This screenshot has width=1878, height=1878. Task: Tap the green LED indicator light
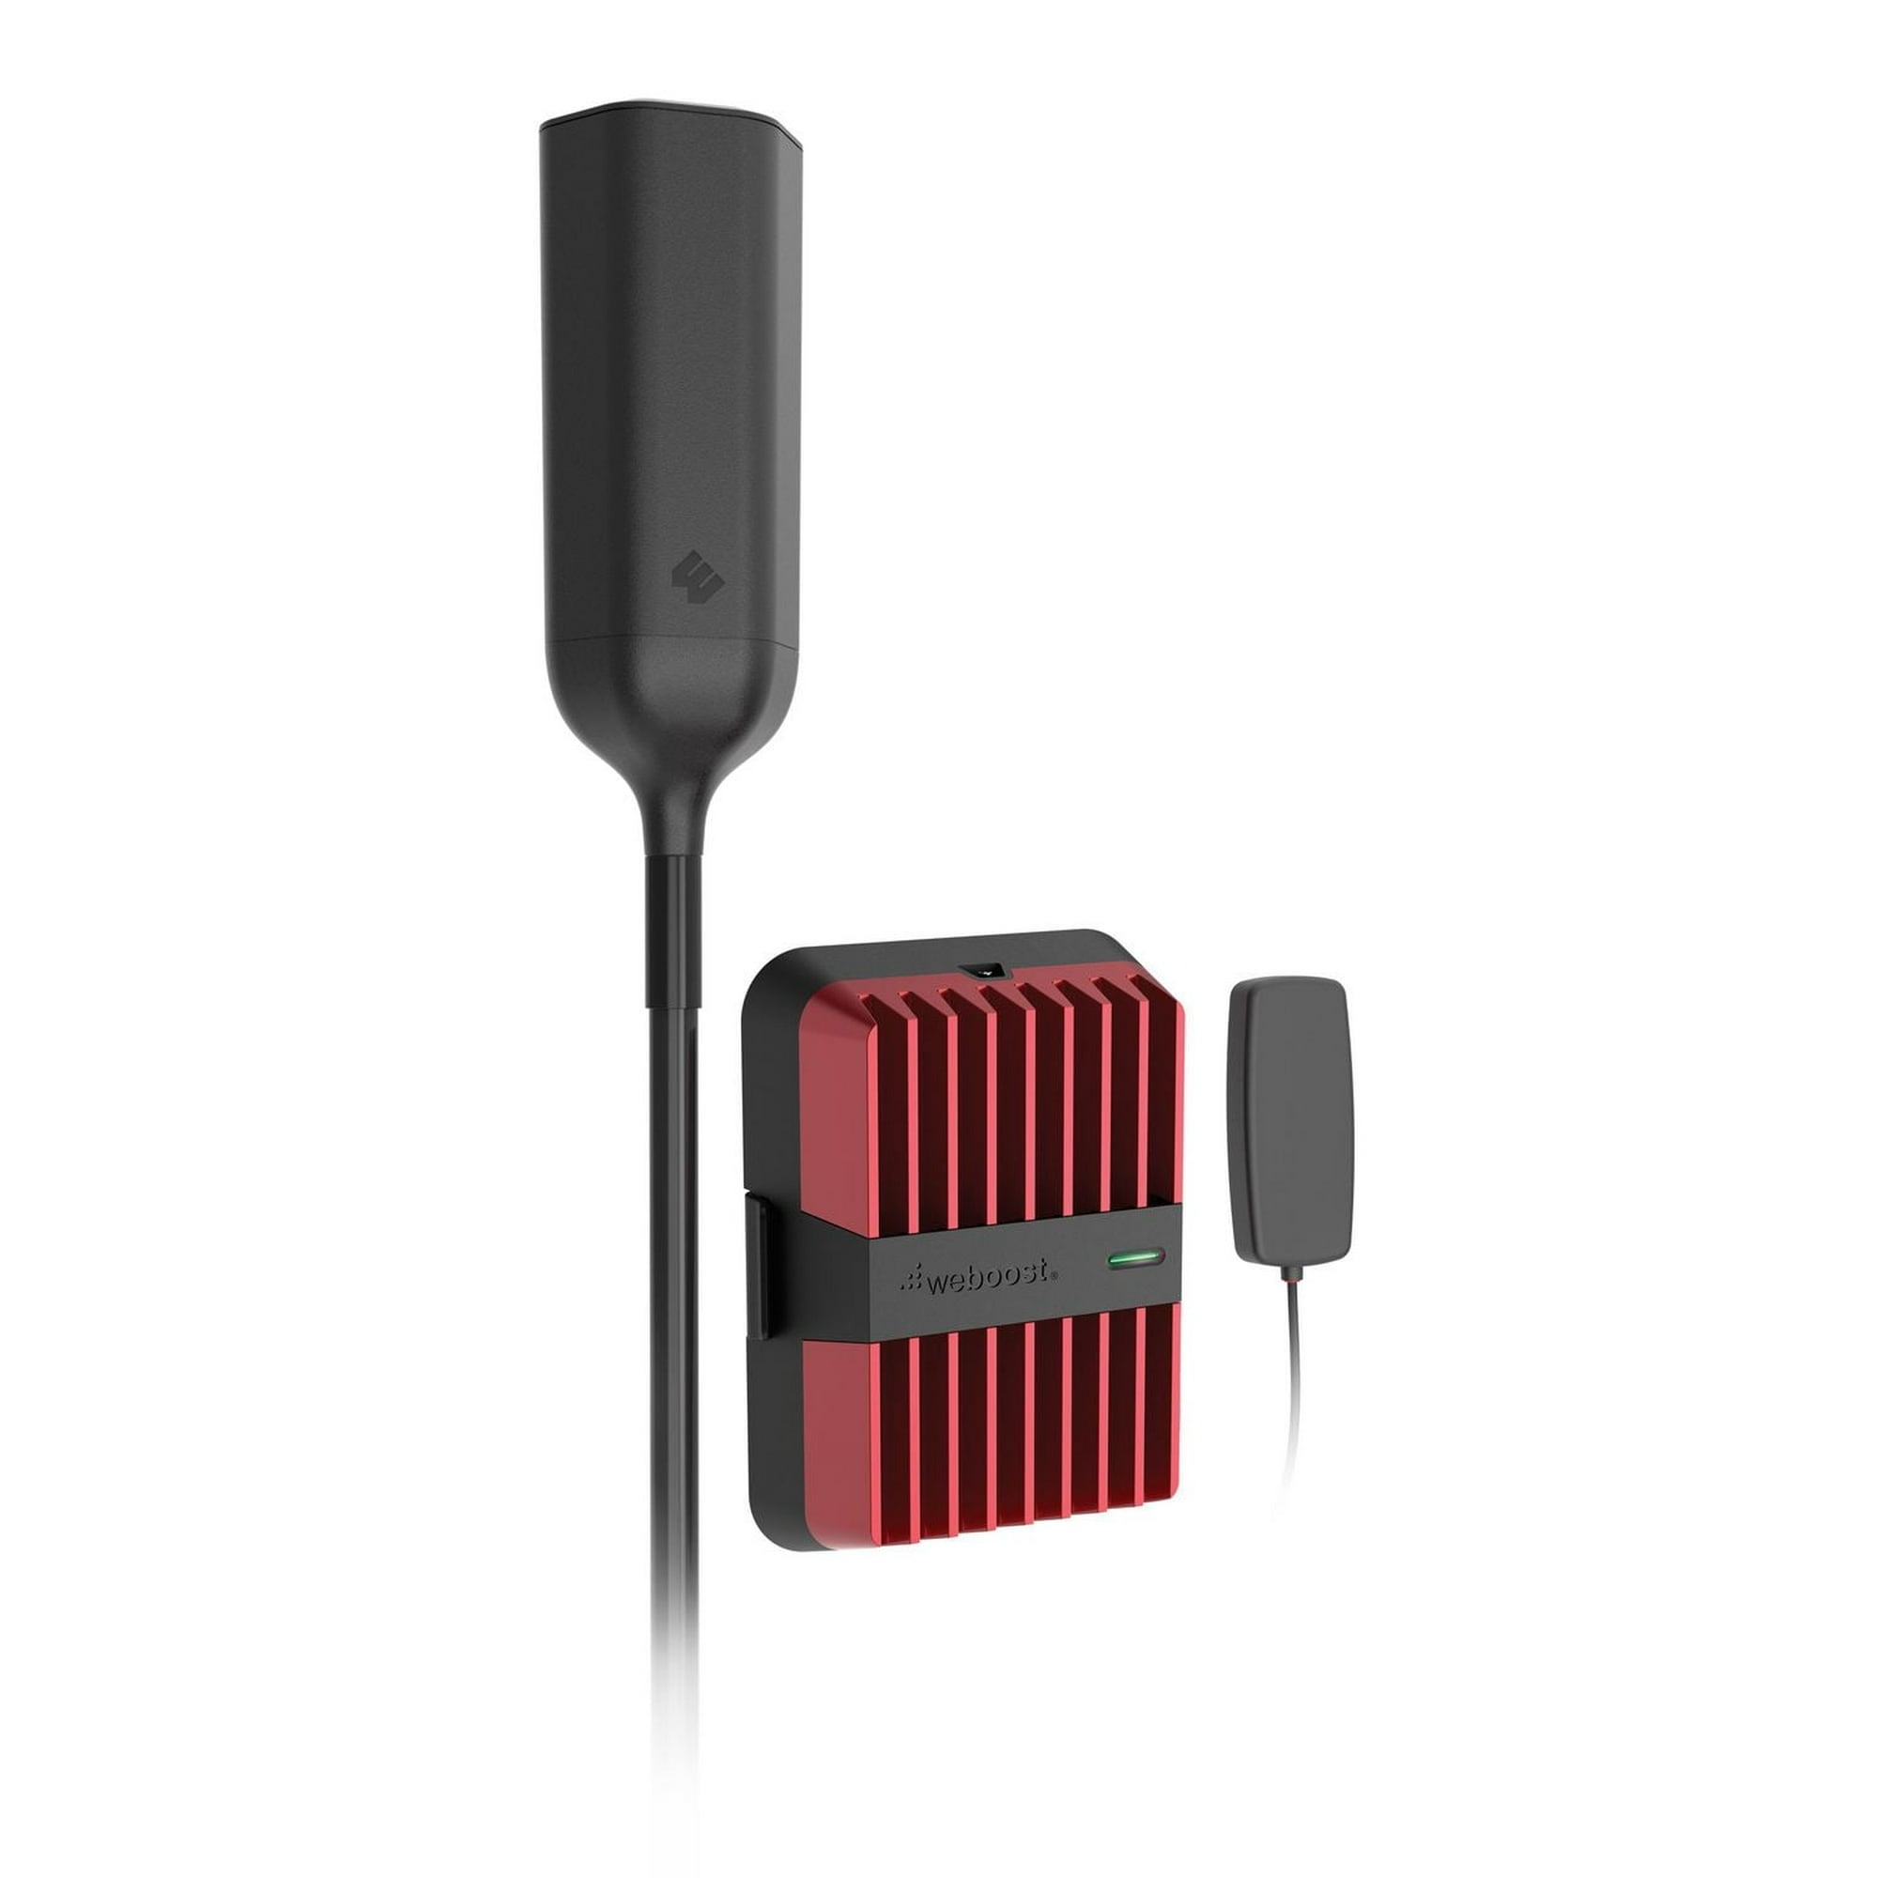coord(1134,1261)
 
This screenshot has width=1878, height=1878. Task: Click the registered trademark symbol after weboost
coord(1055,1273)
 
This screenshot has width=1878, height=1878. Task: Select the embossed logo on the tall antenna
coord(698,577)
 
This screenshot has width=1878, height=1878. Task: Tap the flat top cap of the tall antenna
coord(670,116)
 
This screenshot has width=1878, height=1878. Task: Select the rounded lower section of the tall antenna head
coord(671,700)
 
